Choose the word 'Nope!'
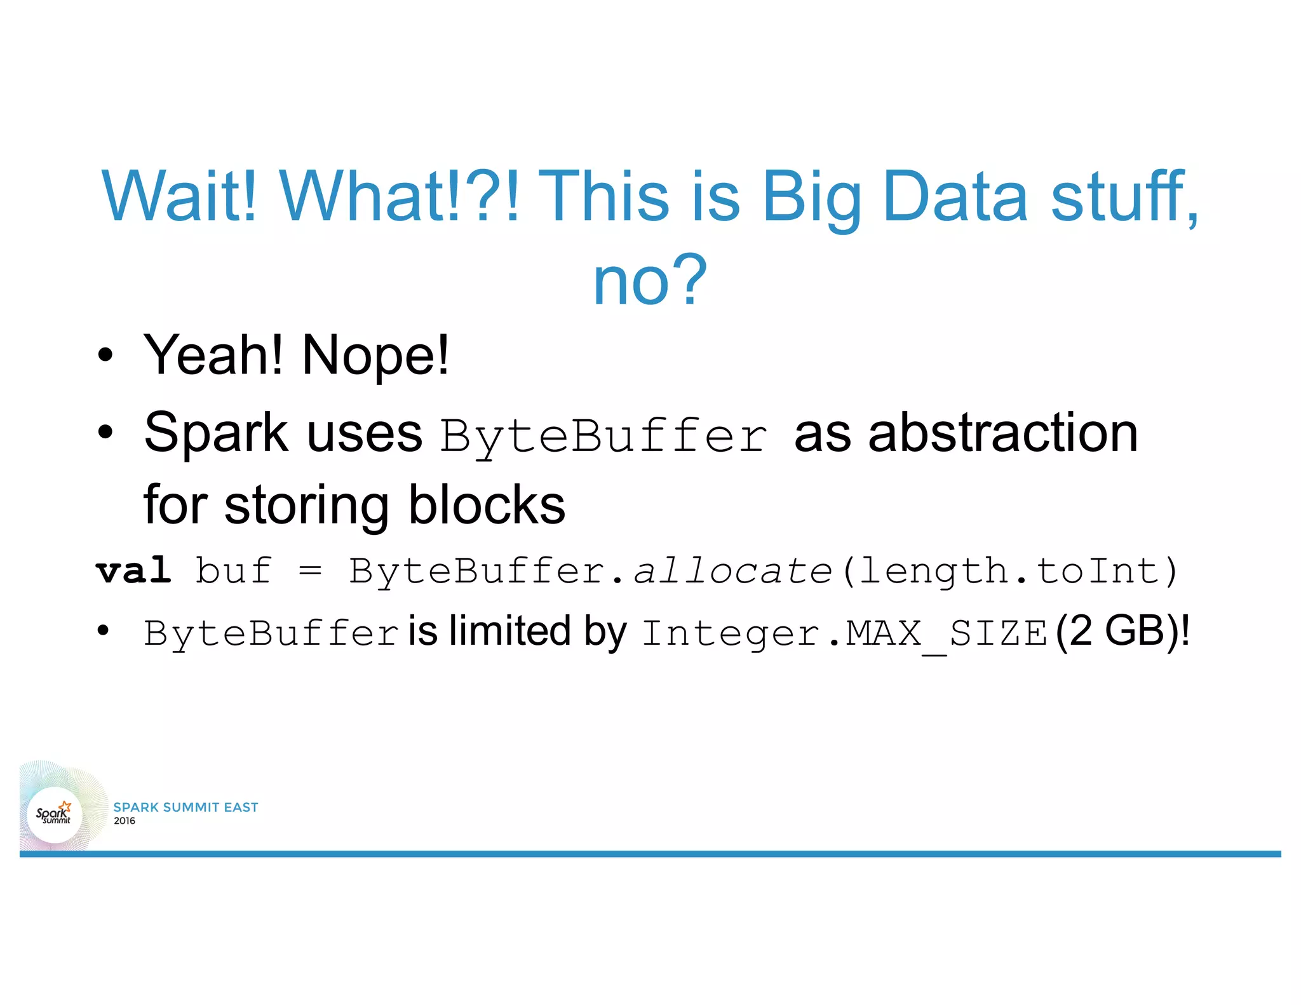pyautogui.click(x=375, y=356)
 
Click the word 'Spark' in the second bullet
pyautogui.click(x=216, y=433)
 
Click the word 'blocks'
pyautogui.click(x=486, y=505)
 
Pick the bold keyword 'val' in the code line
pyautogui.click(x=133, y=570)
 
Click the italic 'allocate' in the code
pyautogui.click(x=732, y=570)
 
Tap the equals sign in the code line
pyautogui.click(x=310, y=570)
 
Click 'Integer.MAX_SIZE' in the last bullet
pyautogui.click(x=844, y=633)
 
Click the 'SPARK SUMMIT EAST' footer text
pyautogui.click(x=185, y=807)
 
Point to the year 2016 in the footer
pyautogui.click(x=125, y=821)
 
